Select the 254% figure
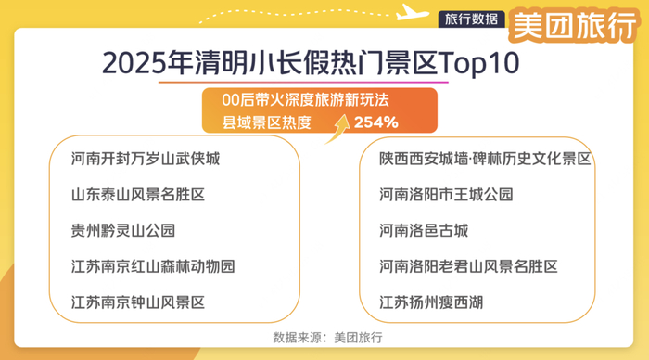(375, 122)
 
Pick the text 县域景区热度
(266, 122)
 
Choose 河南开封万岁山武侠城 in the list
(146, 159)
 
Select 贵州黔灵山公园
(123, 230)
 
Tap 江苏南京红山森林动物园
(153, 266)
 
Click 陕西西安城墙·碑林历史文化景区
(485, 159)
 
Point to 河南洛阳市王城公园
(446, 195)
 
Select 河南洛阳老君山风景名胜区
(468, 266)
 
